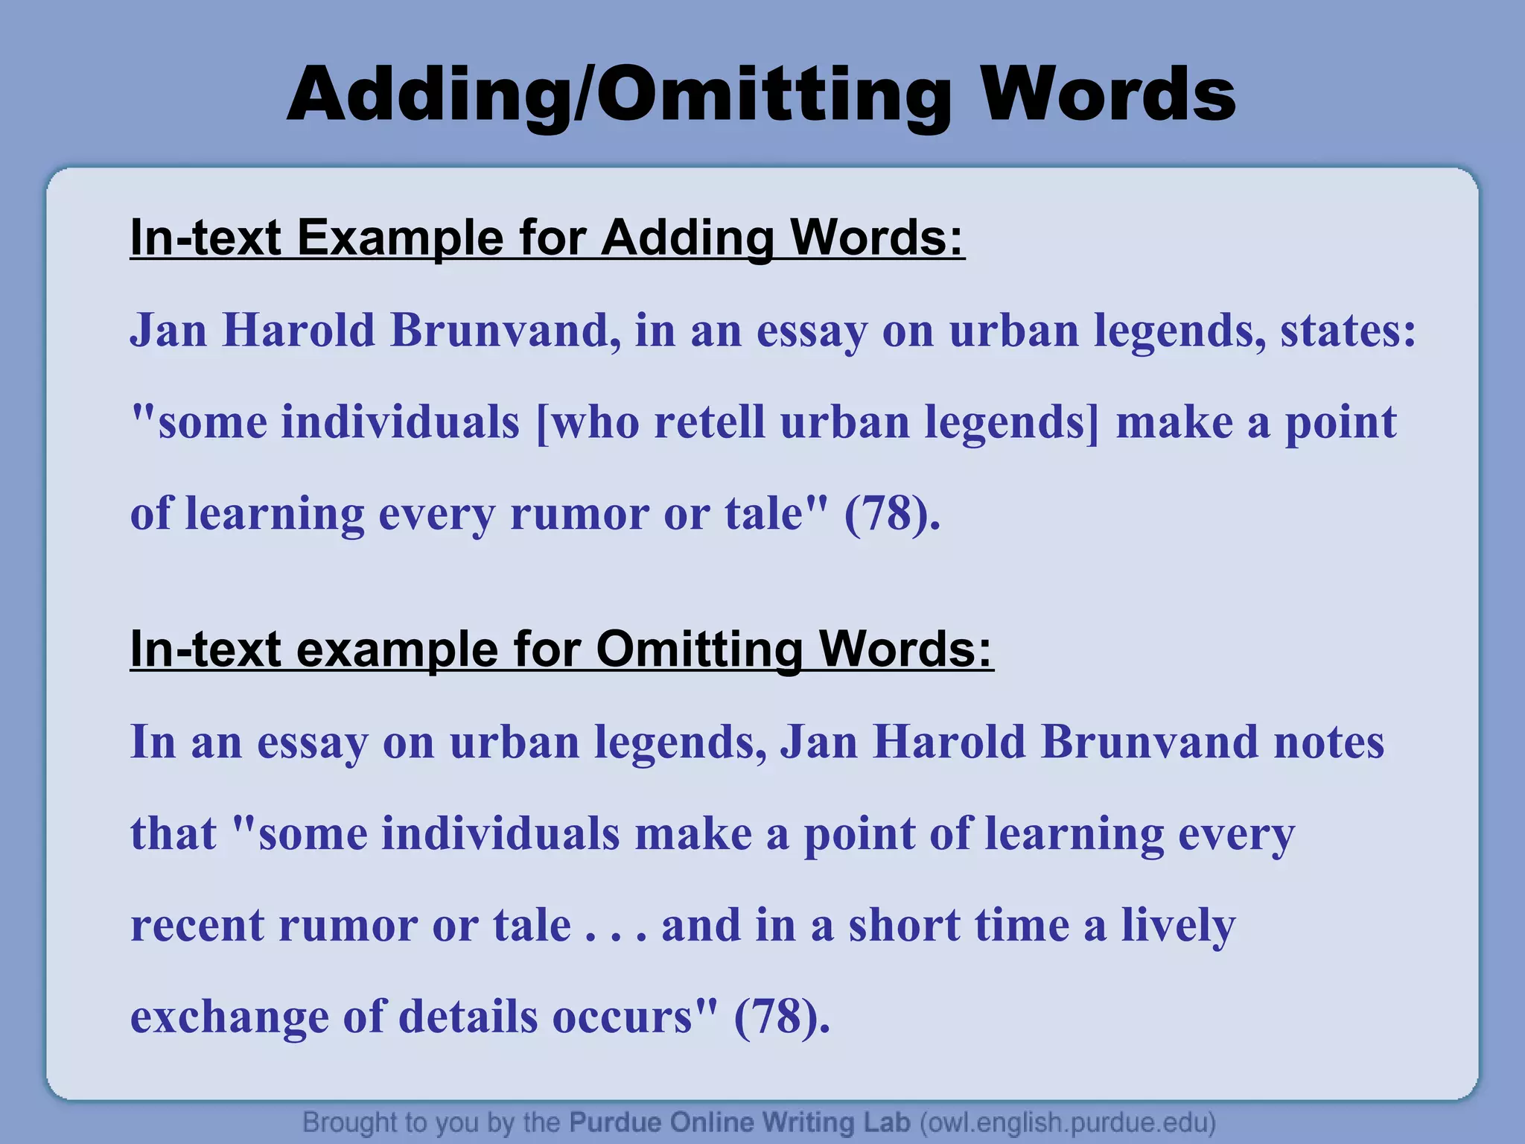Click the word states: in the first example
point(1349,330)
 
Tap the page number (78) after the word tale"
point(892,514)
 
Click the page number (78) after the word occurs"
point(782,1017)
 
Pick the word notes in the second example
point(1329,742)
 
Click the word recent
point(197,926)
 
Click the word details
point(468,1017)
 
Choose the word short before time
point(905,926)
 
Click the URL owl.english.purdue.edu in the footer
point(1068,1122)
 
